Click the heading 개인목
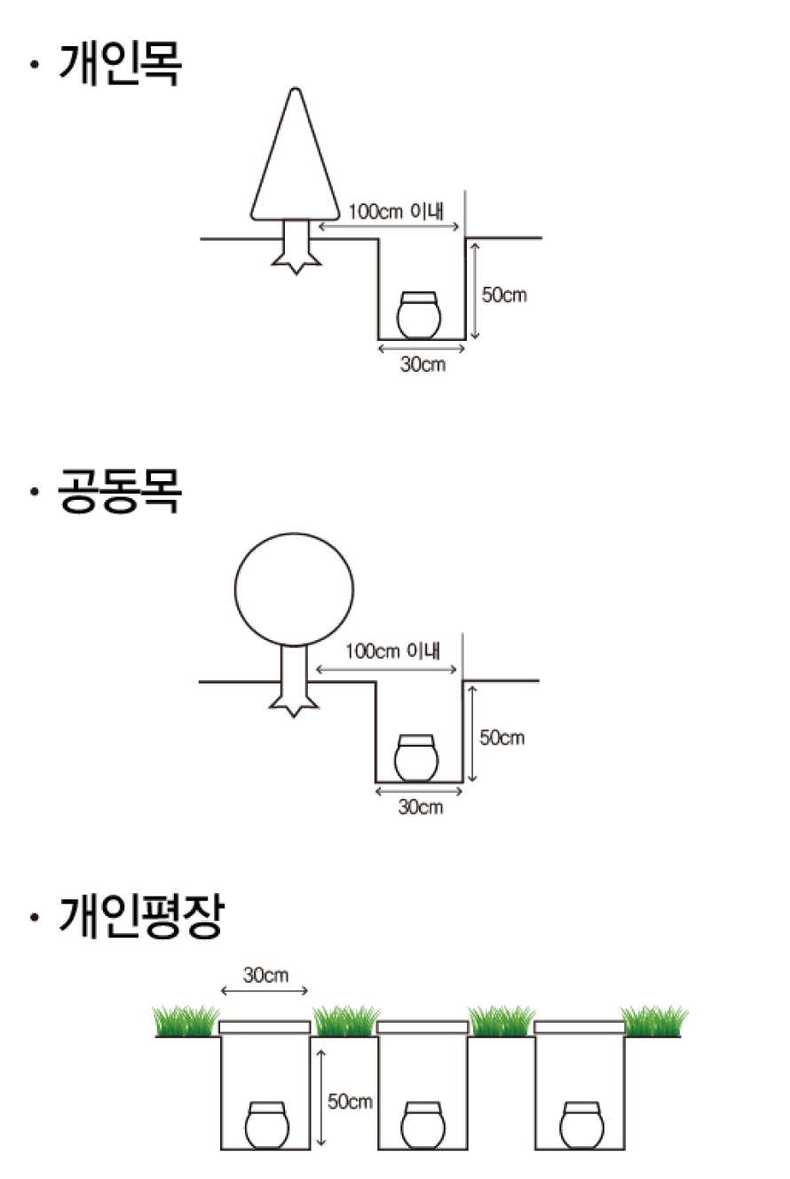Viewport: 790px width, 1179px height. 121,64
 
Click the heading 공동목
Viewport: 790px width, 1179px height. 120,491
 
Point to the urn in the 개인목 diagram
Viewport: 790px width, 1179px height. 419,315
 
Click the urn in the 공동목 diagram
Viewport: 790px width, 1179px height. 416,758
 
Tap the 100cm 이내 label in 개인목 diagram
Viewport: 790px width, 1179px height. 396,211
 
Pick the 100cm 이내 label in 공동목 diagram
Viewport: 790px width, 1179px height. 393,652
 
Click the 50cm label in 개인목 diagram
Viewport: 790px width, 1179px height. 504,295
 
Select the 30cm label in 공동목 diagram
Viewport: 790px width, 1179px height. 421,807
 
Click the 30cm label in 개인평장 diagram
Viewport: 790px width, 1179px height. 265,976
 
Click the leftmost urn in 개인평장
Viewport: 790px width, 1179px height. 267,1125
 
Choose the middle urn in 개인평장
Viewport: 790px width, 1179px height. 423,1125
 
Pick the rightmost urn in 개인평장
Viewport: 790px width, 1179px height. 581,1125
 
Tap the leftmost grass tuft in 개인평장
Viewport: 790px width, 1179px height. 186,1021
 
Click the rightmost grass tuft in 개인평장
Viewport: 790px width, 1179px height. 653,1021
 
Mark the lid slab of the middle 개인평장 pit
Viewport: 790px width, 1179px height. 423,1027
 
